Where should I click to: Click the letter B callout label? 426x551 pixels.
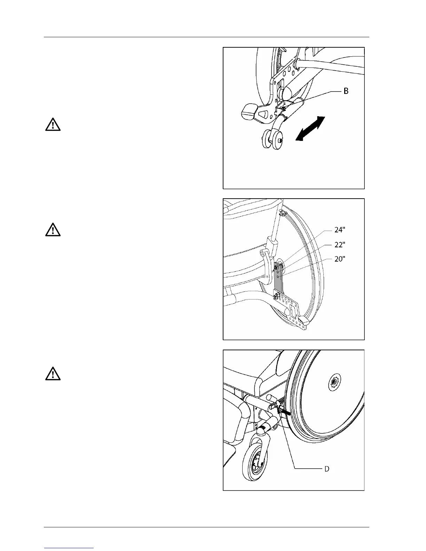[346, 91]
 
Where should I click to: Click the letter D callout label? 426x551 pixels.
[327, 469]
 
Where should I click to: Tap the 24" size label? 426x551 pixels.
[340, 230]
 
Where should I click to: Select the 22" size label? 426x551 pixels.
[340, 245]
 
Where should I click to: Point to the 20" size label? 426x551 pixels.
[340, 259]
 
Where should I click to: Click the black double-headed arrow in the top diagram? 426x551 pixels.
[310, 129]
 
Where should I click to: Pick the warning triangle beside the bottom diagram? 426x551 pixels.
[53, 374]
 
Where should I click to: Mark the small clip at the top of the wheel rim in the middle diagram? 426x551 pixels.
[283, 212]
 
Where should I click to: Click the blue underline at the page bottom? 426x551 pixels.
[69, 548]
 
